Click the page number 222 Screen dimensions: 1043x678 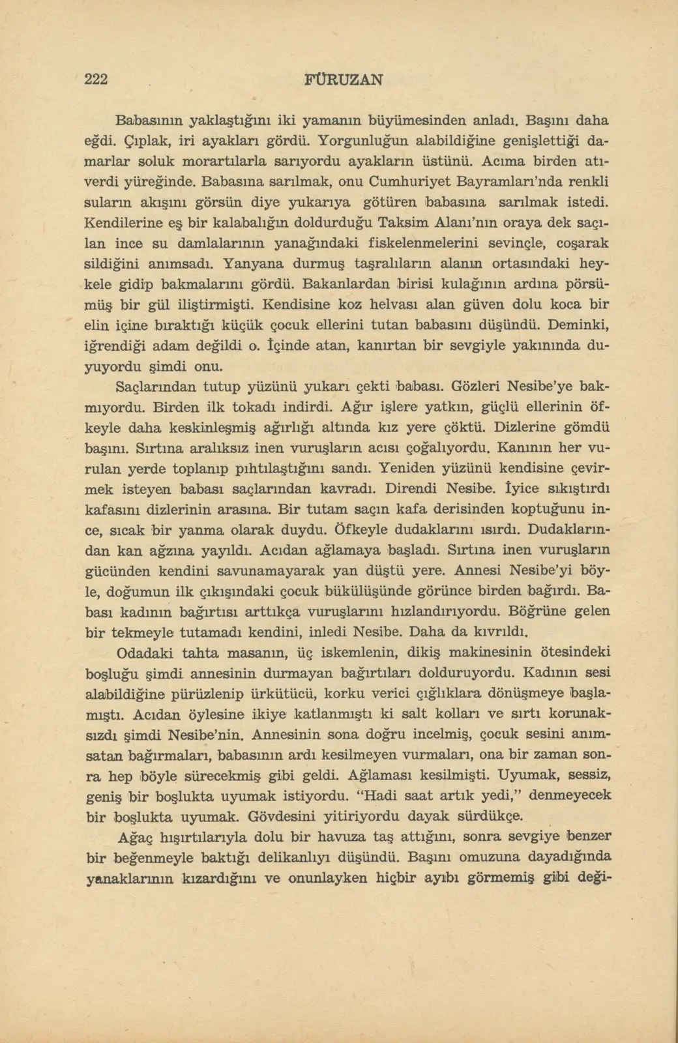point(96,79)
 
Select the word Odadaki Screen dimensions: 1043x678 point(141,653)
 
